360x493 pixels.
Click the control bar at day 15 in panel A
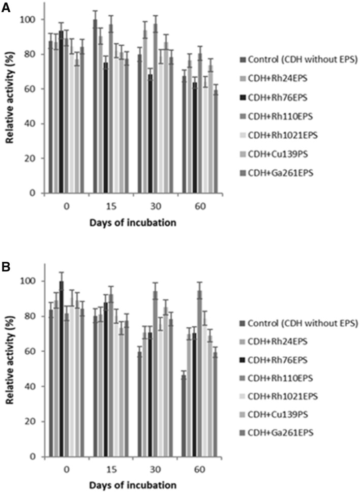coord(95,106)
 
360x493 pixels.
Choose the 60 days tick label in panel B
coord(200,470)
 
